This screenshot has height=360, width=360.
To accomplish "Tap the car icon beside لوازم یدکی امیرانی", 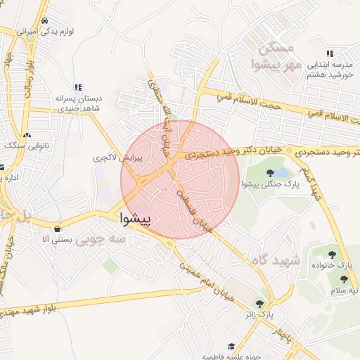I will click(x=45, y=20).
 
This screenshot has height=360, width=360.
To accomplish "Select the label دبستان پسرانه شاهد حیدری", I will click(x=78, y=104).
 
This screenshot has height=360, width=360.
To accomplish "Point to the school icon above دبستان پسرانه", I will click(x=79, y=87).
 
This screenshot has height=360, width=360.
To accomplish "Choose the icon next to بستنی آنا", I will click(x=56, y=229).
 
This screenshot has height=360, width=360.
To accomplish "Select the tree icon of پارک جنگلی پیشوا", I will click(x=271, y=173).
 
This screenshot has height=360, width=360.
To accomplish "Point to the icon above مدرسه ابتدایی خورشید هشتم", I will click(x=329, y=53).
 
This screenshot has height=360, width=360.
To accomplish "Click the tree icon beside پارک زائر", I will click(x=260, y=304).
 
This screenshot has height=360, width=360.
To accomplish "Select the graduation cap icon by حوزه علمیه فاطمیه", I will click(x=231, y=346).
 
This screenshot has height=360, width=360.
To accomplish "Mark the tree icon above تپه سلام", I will click(x=344, y=280).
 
